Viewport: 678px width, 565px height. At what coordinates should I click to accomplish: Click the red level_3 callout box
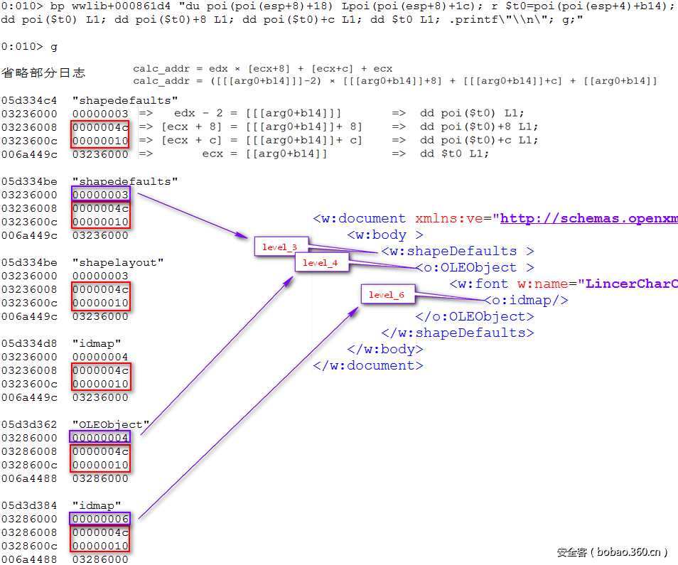point(279,247)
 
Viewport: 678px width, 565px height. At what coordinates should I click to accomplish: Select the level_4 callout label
point(321,263)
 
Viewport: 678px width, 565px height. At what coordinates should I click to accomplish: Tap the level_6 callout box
point(387,295)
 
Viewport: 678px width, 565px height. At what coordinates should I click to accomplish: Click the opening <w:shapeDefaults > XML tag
point(457,251)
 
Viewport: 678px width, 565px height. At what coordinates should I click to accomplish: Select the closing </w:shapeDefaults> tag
point(457,333)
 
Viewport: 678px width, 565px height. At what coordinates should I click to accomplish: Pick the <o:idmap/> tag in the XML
point(526,300)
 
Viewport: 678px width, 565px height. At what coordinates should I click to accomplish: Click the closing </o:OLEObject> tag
point(470,316)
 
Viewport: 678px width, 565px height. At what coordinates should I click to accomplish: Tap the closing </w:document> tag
point(368,365)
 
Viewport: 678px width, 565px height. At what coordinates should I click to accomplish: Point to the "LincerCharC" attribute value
point(631,284)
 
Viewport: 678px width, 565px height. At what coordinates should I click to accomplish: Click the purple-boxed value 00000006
point(100,519)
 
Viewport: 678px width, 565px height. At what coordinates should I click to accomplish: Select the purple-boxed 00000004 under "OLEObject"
point(100,438)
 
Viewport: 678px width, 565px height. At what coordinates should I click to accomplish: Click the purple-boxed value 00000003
point(100,195)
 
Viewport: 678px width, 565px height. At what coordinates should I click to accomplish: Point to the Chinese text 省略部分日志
point(43,72)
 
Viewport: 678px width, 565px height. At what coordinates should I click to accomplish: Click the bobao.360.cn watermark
point(612,551)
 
